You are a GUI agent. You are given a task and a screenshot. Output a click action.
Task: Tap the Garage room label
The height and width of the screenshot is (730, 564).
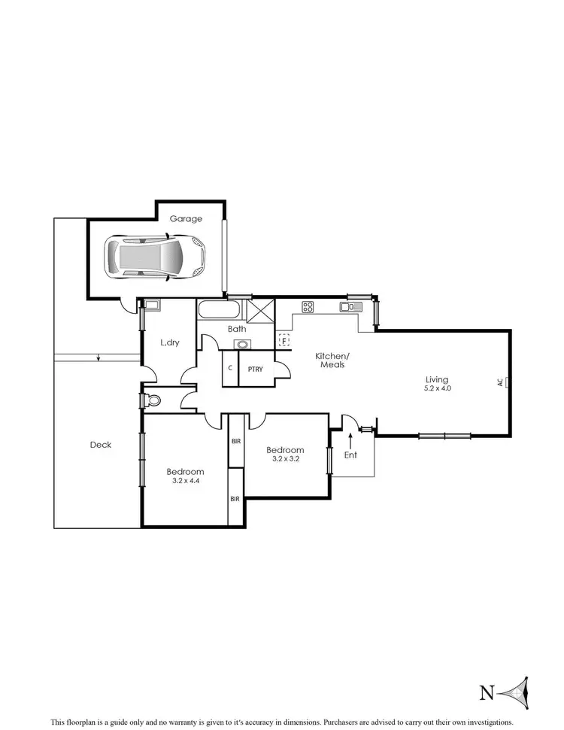(x=185, y=219)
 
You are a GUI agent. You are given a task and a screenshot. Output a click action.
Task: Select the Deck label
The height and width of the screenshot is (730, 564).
(x=100, y=445)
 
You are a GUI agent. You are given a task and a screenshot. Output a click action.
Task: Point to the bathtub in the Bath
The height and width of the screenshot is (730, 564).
(x=219, y=309)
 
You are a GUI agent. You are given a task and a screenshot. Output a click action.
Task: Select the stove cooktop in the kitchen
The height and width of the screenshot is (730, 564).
(x=308, y=306)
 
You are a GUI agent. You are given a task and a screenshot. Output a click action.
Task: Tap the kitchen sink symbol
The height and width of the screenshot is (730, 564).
(x=350, y=306)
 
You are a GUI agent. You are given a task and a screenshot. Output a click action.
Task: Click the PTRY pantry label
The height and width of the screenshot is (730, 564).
(x=255, y=369)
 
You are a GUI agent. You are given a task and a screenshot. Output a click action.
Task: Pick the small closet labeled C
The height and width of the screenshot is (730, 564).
(x=229, y=369)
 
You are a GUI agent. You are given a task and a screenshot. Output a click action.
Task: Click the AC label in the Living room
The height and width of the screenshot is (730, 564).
(x=499, y=382)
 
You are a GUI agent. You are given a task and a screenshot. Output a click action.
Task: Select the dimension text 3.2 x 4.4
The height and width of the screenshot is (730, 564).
(x=185, y=480)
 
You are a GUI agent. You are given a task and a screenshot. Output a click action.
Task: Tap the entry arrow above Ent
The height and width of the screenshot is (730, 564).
(x=350, y=439)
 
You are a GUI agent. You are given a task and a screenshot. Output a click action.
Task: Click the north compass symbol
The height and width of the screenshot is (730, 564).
(x=518, y=691)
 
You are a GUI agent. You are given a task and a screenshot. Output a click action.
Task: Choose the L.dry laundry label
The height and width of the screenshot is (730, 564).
(x=170, y=342)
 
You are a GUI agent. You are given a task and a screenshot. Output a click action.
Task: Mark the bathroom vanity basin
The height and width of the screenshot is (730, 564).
(x=242, y=345)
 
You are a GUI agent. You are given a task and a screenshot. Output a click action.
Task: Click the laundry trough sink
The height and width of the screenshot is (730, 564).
(x=152, y=305)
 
